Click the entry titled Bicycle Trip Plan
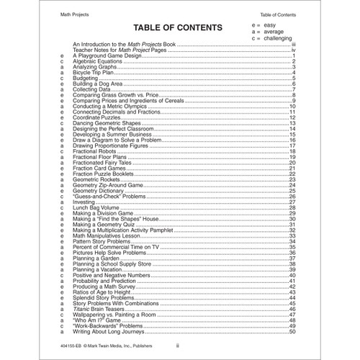tap(97, 72)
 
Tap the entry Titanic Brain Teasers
tap(101, 308)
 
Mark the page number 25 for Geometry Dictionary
tap(292, 190)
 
